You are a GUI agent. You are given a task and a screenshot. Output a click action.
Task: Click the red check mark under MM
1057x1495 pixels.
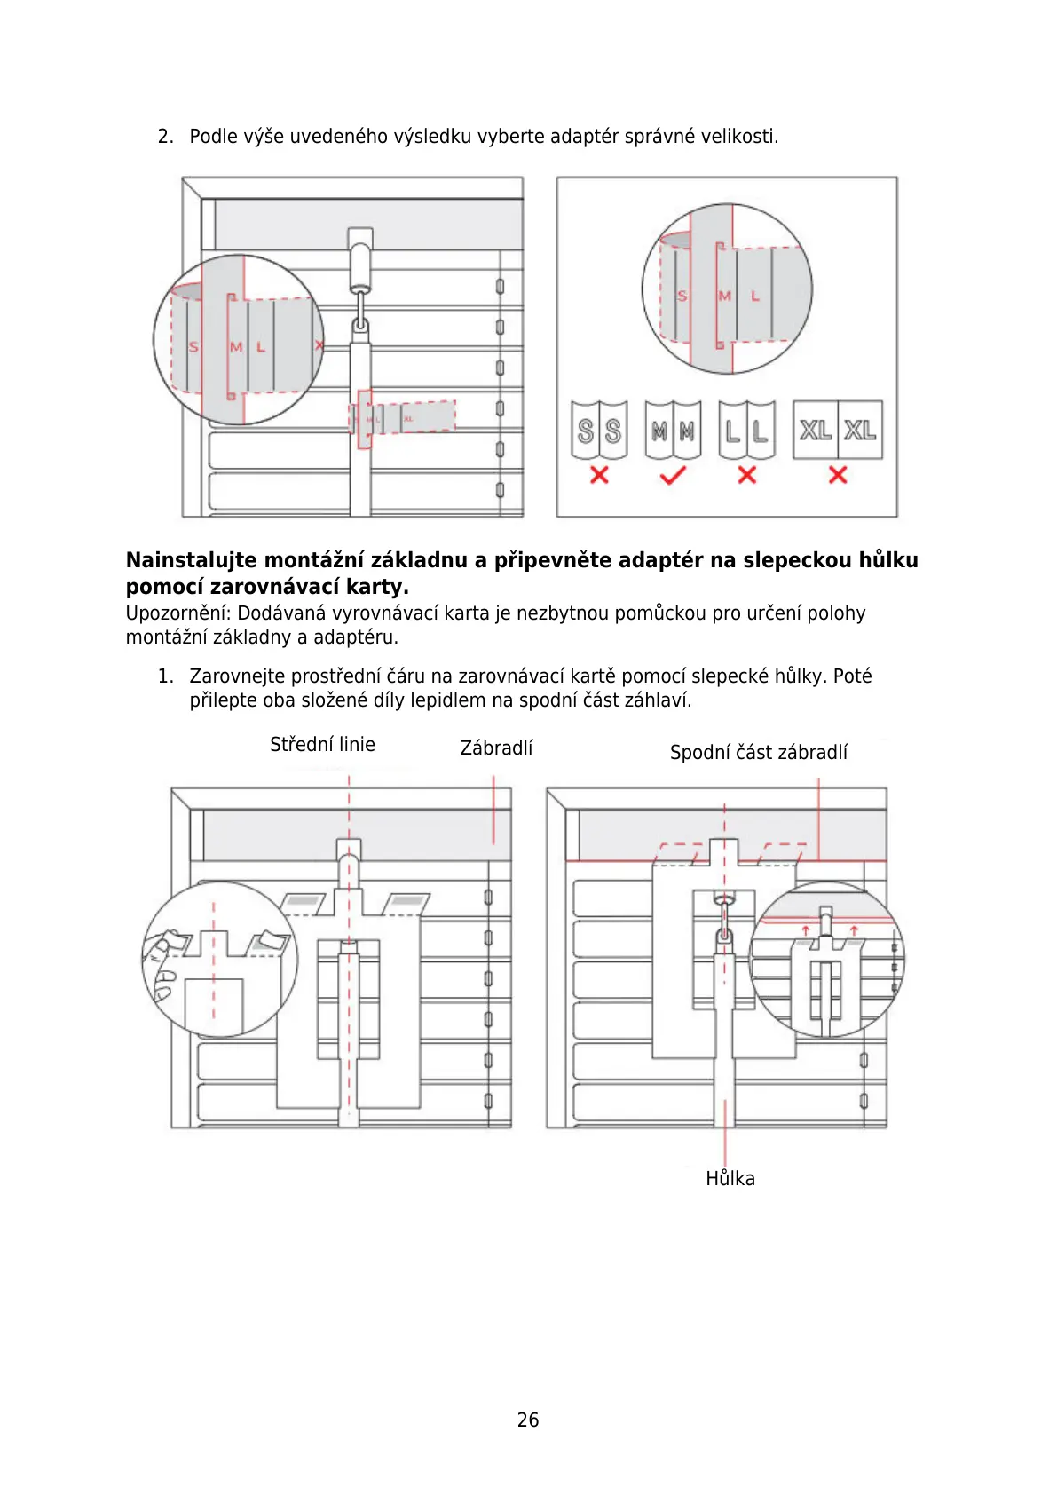tap(673, 476)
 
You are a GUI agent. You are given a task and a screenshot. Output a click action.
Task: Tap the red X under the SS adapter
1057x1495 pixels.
tap(599, 475)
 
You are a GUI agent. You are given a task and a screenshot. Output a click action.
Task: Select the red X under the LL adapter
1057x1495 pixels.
tap(747, 475)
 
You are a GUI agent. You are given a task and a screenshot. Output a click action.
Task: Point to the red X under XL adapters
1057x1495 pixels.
tap(838, 475)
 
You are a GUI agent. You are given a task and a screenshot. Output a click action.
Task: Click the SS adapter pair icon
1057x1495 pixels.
tap(599, 431)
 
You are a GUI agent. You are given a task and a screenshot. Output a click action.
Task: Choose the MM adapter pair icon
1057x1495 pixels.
tap(673, 431)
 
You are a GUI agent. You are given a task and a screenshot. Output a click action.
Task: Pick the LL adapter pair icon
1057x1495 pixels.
tap(747, 431)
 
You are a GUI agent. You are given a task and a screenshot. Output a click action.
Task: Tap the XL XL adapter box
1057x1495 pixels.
tap(838, 430)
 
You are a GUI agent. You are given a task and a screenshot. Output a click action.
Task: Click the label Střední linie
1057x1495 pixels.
tap(322, 745)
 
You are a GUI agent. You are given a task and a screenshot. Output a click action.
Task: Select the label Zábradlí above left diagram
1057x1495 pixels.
tap(496, 748)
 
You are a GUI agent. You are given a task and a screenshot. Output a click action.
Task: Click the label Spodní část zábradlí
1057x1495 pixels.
tap(759, 753)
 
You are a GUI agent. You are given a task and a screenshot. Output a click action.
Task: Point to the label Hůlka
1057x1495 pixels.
tap(730, 1179)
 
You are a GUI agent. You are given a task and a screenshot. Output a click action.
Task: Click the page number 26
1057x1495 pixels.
tap(528, 1420)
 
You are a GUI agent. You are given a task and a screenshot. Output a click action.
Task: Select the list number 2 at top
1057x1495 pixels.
tap(164, 137)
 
